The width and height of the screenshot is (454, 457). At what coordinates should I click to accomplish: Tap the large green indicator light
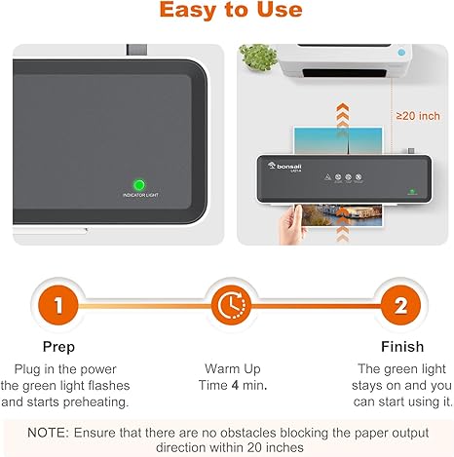click(x=138, y=183)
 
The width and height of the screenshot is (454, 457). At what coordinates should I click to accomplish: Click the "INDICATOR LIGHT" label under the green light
click(x=138, y=196)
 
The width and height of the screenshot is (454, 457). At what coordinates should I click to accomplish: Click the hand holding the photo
click(x=289, y=219)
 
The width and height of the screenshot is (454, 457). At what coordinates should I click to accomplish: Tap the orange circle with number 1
click(x=57, y=304)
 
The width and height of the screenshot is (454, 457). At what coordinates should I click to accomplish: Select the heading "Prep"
click(x=57, y=347)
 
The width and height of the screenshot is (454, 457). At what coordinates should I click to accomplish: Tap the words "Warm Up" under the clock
click(x=227, y=369)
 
